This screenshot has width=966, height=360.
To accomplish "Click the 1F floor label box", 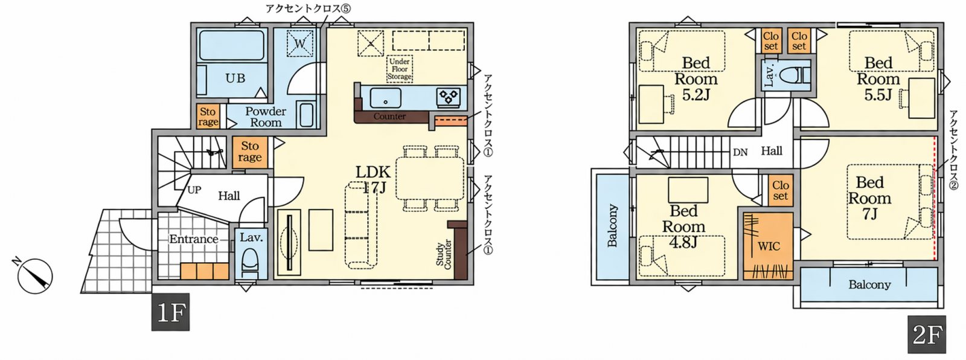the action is tap(170, 312).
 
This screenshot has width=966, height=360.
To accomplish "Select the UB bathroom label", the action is tap(235, 78).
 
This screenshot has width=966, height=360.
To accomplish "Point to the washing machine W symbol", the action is tap(301, 43).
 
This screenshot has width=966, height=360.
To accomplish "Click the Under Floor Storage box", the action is tap(399, 69).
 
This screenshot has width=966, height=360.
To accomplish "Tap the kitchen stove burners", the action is tap(449, 97).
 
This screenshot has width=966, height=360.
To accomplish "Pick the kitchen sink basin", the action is tap(386, 98).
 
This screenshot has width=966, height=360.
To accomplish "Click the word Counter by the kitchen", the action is tap(389, 116).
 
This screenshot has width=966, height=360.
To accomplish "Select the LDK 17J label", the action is tap(373, 179).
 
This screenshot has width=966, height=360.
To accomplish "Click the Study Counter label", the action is tap(444, 256).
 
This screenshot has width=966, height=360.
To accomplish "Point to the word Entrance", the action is tap(194, 239).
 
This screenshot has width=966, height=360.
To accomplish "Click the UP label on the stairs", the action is tap(194, 190).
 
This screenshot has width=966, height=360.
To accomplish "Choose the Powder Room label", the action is tap(266, 117).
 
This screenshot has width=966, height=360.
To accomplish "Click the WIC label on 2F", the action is tap(769, 246).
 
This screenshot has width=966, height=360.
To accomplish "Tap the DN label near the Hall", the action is tap(740, 152).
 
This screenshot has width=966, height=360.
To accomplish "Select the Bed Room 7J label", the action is tap(869, 198).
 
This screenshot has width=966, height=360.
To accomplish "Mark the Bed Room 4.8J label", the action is tap(683, 227).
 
